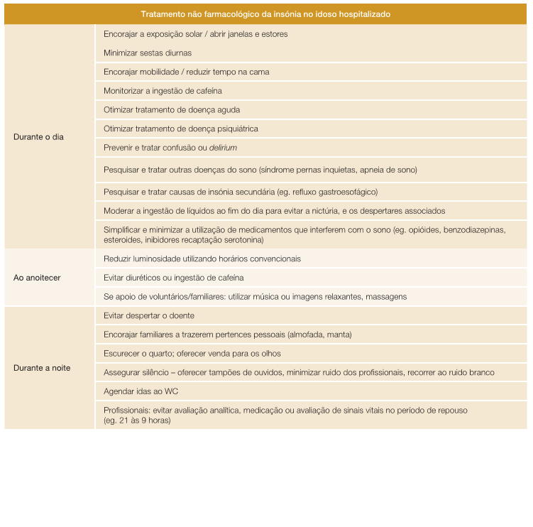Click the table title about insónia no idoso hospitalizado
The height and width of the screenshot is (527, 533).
click(265, 14)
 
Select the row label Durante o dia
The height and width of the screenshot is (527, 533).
click(38, 137)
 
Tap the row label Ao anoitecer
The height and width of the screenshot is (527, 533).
click(37, 278)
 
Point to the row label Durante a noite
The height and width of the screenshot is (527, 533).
click(42, 368)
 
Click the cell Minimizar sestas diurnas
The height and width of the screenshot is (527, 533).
click(148, 53)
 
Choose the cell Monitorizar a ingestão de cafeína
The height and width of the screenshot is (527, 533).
click(163, 91)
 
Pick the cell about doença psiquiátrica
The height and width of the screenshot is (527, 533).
click(181, 129)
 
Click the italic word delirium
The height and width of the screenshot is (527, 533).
click(223, 148)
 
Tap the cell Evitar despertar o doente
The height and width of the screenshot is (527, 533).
click(149, 315)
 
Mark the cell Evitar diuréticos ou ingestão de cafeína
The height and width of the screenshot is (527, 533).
click(173, 278)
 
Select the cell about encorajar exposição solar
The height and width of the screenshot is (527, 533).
click(196, 34)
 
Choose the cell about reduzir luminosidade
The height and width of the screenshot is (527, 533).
click(202, 259)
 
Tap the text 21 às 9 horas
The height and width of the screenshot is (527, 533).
click(141, 420)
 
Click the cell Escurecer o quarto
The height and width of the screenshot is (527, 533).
click(192, 354)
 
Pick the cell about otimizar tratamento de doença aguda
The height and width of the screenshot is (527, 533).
click(172, 110)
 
